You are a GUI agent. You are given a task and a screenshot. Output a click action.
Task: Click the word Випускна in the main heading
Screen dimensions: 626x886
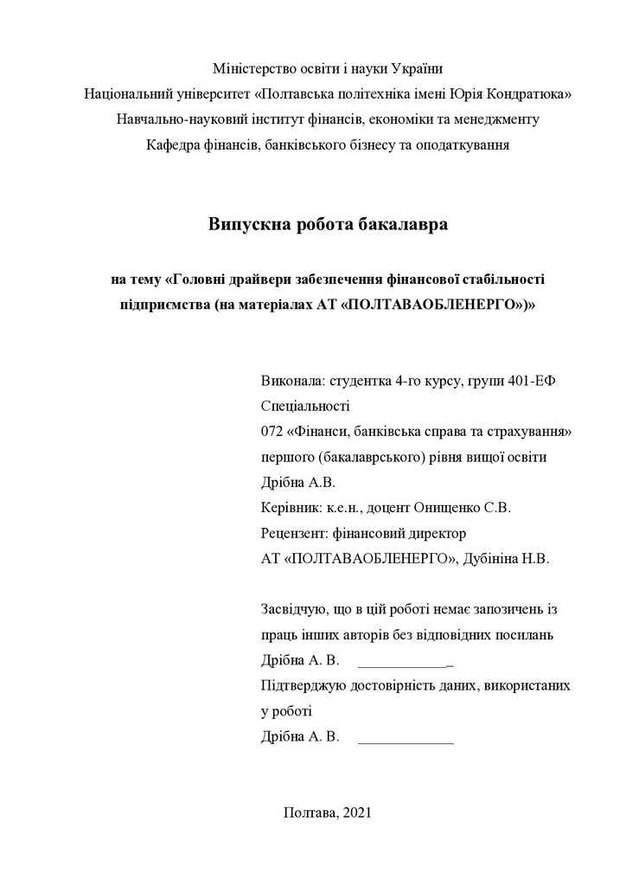point(244,225)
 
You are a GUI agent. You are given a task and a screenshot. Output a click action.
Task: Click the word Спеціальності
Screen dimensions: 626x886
point(304,406)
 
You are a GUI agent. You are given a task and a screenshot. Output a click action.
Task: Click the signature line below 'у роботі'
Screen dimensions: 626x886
point(406,743)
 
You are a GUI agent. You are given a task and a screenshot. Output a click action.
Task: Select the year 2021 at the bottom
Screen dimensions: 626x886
point(356,812)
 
